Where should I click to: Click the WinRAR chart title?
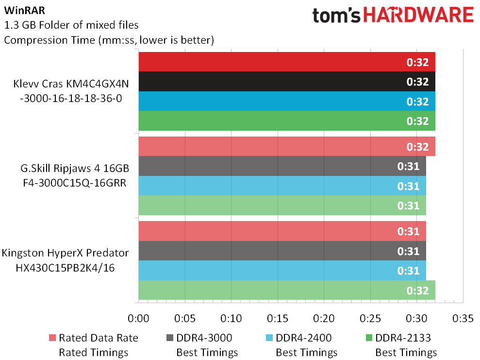(24, 10)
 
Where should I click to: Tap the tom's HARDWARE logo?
(393, 15)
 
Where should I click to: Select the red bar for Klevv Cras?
(287, 62)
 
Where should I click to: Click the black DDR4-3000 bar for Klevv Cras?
(287, 82)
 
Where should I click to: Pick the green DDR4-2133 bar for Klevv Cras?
(287, 120)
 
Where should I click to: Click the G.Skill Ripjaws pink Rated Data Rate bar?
(287, 146)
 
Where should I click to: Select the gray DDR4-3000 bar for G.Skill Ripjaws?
(282, 166)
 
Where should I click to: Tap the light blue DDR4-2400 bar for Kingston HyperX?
(282, 271)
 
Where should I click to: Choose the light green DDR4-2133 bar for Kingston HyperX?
(287, 290)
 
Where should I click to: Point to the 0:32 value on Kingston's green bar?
(417, 291)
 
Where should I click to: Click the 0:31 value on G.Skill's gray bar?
(408, 166)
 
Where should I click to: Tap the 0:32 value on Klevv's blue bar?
(417, 102)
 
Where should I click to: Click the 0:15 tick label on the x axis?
(278, 319)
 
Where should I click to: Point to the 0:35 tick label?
(463, 319)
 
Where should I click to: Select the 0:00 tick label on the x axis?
(138, 319)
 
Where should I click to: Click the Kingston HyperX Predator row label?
(65, 260)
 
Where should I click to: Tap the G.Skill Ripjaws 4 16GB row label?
(75, 175)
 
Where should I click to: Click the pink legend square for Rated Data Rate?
(52, 338)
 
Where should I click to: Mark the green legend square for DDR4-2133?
(369, 338)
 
